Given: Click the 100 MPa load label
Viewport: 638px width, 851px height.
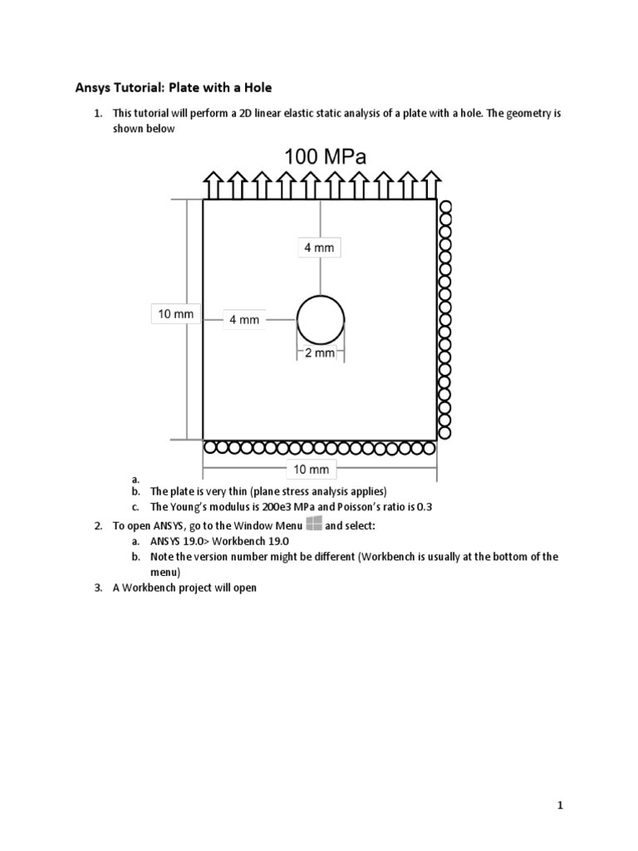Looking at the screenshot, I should coord(325,156).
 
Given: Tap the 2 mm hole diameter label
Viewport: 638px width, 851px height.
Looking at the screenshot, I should coord(320,353).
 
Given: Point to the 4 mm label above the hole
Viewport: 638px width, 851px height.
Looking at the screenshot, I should coord(320,248).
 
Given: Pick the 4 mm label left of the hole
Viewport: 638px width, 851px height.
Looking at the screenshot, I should coord(244,320).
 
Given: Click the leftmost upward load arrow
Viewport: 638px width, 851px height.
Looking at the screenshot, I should coord(213,184).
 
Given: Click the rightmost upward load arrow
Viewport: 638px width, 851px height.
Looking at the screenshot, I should coord(430,184).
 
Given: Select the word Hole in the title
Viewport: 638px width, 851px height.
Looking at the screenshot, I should coord(256,87).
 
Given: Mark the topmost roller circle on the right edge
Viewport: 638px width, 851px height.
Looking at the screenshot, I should coord(444,206).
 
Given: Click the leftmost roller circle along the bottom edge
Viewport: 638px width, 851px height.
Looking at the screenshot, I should coord(210,448).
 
